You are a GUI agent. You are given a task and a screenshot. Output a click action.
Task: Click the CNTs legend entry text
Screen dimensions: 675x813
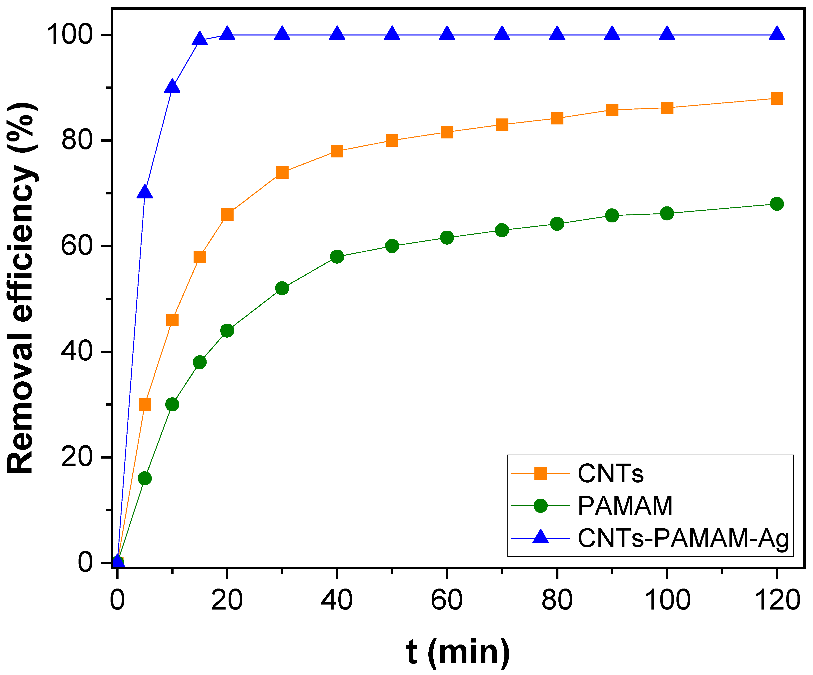pos(610,474)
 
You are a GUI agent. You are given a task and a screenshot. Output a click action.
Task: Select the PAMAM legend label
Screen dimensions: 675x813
pos(625,506)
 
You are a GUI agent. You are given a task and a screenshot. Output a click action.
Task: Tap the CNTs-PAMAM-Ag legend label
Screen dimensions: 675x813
pos(683,539)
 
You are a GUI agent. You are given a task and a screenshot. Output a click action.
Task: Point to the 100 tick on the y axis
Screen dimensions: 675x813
pos(70,34)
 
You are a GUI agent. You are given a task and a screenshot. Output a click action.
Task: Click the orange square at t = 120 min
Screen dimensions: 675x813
pos(776,99)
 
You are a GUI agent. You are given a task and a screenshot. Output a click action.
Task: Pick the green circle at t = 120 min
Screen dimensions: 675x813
pos(776,204)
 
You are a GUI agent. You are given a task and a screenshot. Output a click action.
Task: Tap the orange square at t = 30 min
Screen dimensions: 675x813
pos(282,172)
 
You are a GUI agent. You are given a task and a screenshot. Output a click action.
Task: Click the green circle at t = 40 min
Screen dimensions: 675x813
pos(337,256)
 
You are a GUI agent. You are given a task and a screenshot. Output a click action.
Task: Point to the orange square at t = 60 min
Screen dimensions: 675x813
pos(447,132)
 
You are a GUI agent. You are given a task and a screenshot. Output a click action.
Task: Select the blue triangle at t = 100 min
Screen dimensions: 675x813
pos(667,34)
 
